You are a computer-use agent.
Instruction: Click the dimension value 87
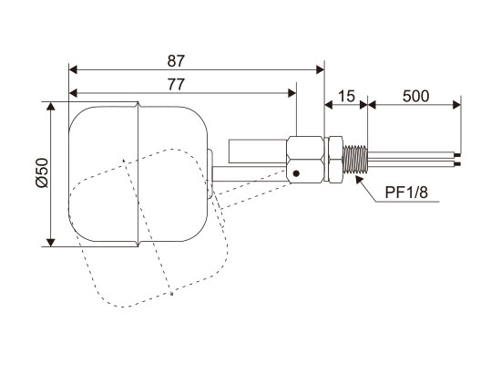point(176,61)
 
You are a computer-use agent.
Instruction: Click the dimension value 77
point(176,85)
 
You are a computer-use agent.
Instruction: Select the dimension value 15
point(346,96)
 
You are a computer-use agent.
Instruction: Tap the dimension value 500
point(415,96)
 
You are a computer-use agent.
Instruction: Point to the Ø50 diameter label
point(43,172)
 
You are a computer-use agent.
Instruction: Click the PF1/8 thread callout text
point(406,193)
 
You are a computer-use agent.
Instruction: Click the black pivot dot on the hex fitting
point(296,173)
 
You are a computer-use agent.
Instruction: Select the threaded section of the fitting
point(354,159)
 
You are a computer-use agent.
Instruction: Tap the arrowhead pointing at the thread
point(360,179)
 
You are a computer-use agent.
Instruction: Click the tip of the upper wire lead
point(459,155)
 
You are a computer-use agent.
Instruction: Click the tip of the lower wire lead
point(459,164)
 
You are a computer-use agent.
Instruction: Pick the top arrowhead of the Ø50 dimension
point(50,106)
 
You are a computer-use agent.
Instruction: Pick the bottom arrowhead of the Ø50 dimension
point(50,243)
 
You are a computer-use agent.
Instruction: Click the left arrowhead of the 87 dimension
point(73,69)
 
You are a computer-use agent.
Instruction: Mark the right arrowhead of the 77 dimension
point(292,93)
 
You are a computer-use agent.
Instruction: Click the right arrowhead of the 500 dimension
point(457,105)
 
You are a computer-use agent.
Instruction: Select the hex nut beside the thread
point(335,159)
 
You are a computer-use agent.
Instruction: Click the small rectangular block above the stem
point(257,151)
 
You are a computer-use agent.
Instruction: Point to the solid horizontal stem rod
point(250,174)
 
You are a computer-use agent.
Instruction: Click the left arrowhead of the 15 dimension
point(329,105)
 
